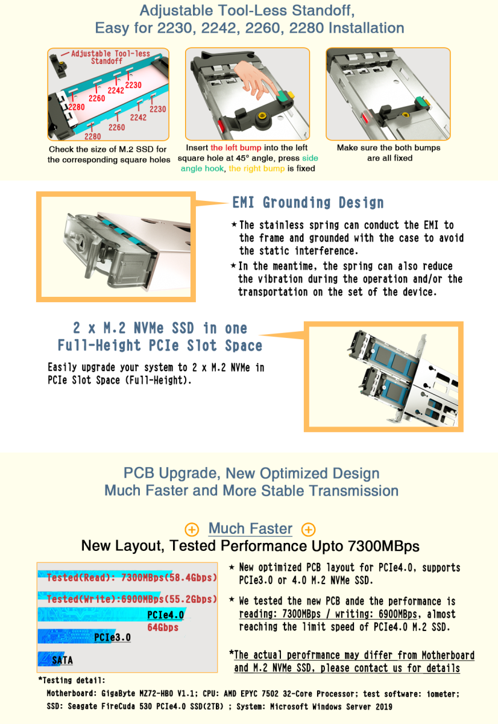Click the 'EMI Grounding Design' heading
pos(308,203)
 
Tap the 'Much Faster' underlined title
pos(250,529)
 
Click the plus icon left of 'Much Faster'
pos(192,530)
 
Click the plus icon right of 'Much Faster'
pos(309,530)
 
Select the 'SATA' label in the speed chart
pos(62,660)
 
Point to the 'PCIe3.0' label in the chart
pos(112,637)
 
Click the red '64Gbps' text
pos(163,627)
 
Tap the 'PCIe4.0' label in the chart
pos(165,615)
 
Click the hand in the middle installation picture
pos(254,79)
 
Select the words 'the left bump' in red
pos(236,148)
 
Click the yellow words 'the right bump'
pos(257,168)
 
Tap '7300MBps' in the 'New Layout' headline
pos(383,546)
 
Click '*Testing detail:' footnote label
pos(72,681)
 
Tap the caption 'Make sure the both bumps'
pos(388,148)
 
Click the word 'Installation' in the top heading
pos(366,28)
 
